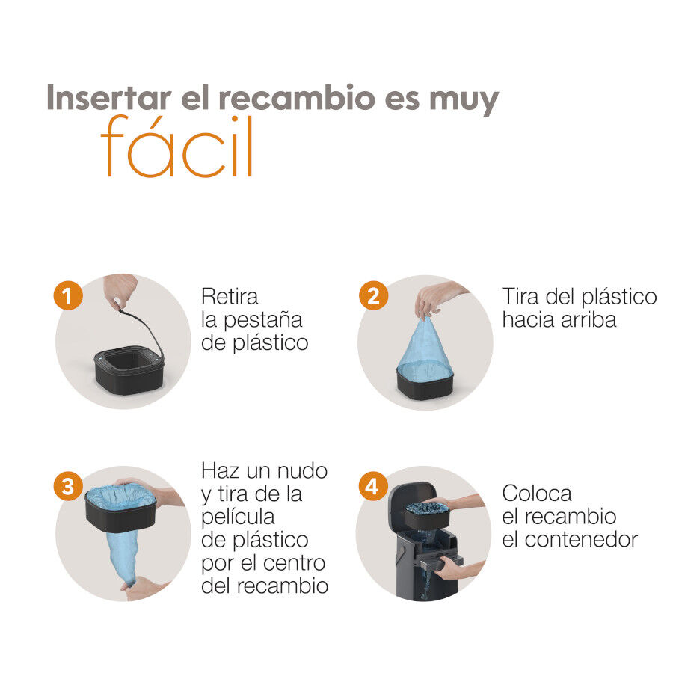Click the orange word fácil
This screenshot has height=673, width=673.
click(x=176, y=146)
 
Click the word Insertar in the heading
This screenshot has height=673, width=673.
click(x=109, y=98)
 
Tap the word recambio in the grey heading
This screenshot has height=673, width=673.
click(x=297, y=98)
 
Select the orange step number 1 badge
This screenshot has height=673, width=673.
click(x=68, y=295)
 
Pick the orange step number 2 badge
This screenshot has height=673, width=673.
click(x=373, y=295)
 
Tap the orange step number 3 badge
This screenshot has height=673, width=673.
click(x=68, y=486)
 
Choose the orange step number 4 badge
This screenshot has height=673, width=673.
click(x=372, y=486)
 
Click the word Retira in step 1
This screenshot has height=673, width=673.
click(x=230, y=297)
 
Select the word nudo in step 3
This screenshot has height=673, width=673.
click(x=302, y=471)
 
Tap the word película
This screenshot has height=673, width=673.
click(x=239, y=518)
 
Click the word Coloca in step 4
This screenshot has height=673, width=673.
click(x=537, y=494)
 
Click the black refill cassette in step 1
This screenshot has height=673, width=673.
click(x=129, y=370)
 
